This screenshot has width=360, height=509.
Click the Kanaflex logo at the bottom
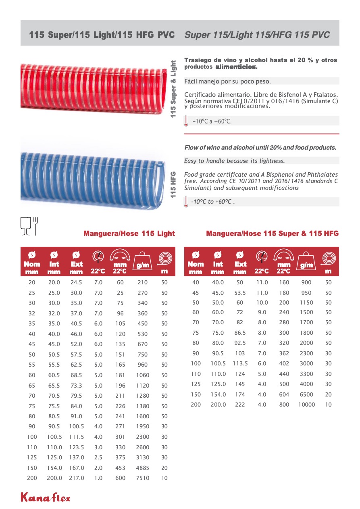tap(46, 497)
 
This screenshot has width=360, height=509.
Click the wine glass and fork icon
tap(29, 225)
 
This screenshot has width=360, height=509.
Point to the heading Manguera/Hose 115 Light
tap(129, 234)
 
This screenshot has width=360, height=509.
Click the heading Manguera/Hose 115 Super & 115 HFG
tap(272, 234)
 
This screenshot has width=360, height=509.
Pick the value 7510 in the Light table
tap(143, 478)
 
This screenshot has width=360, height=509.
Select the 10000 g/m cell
tap(306, 405)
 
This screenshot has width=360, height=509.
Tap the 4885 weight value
tap(143, 468)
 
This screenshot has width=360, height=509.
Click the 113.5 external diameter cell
tap(240, 363)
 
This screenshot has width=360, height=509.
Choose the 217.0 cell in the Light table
tap(76, 478)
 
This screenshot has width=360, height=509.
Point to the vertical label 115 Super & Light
tap(173, 89)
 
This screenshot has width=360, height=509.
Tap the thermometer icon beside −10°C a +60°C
tap(186, 121)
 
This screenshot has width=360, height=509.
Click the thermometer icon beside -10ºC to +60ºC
tap(186, 201)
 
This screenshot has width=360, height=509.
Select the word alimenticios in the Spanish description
tap(236, 67)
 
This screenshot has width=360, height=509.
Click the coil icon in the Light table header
tap(164, 258)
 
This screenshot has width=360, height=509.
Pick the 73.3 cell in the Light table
tap(76, 386)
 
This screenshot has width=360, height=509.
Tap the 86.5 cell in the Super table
tap(240, 333)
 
